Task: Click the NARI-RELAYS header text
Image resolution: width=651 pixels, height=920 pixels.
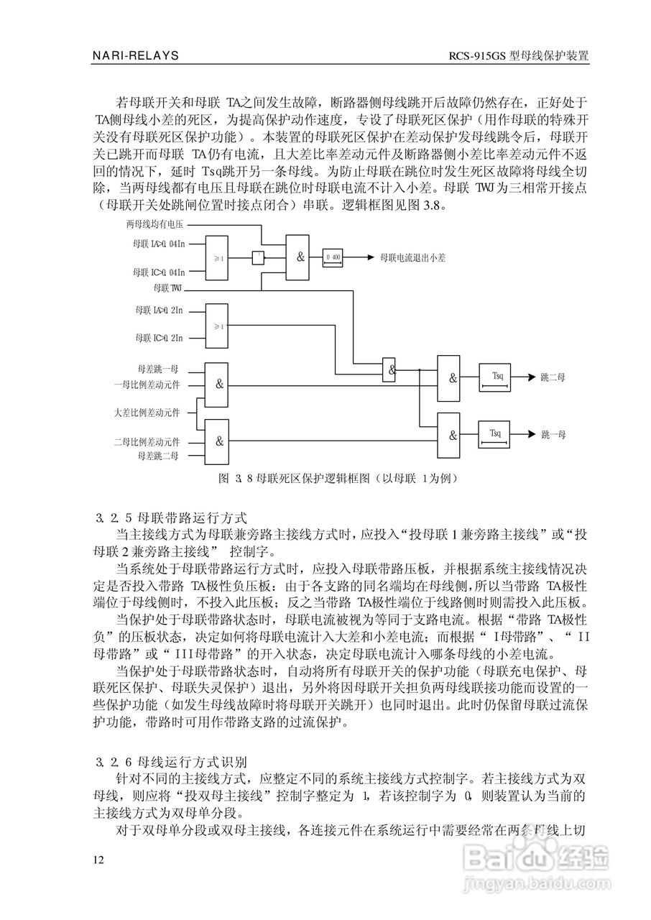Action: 136,55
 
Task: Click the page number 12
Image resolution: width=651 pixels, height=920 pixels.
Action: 98,860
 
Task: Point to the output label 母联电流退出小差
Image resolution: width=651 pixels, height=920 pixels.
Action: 412,257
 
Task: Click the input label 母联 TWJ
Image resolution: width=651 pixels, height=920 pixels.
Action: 167,288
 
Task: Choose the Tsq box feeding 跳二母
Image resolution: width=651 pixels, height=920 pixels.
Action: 496,378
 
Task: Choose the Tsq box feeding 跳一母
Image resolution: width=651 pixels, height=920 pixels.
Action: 496,434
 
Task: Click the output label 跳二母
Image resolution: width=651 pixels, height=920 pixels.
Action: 553,377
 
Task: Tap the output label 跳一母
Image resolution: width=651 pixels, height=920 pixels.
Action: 553,434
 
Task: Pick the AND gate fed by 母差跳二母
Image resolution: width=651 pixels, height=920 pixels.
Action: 219,441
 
